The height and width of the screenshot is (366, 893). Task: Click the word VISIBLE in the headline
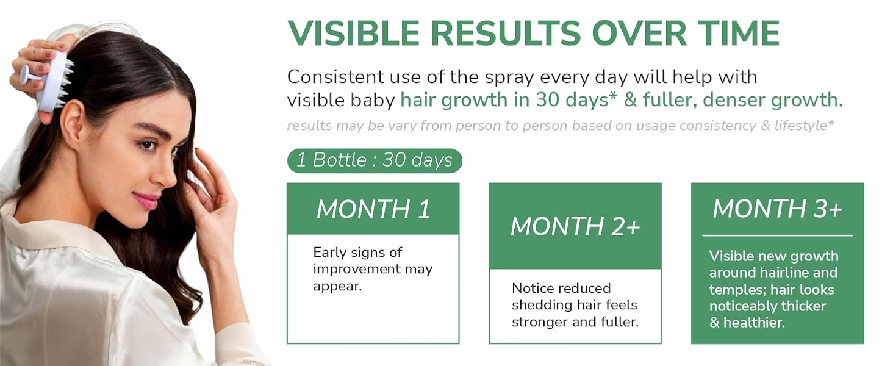pyautogui.click(x=353, y=33)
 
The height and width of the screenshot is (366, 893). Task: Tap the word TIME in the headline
pyautogui.click(x=738, y=33)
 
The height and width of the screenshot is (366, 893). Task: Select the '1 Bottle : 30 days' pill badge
pyautogui.click(x=375, y=160)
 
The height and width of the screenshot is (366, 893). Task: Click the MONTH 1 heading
pyautogui.click(x=373, y=209)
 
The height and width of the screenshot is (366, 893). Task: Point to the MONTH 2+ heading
pyautogui.click(x=575, y=226)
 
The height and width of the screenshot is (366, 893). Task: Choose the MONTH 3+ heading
pyautogui.click(x=777, y=209)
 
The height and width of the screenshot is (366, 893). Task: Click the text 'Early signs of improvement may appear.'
pyautogui.click(x=373, y=269)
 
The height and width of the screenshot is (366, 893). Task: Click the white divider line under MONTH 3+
pyautogui.click(x=777, y=235)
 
